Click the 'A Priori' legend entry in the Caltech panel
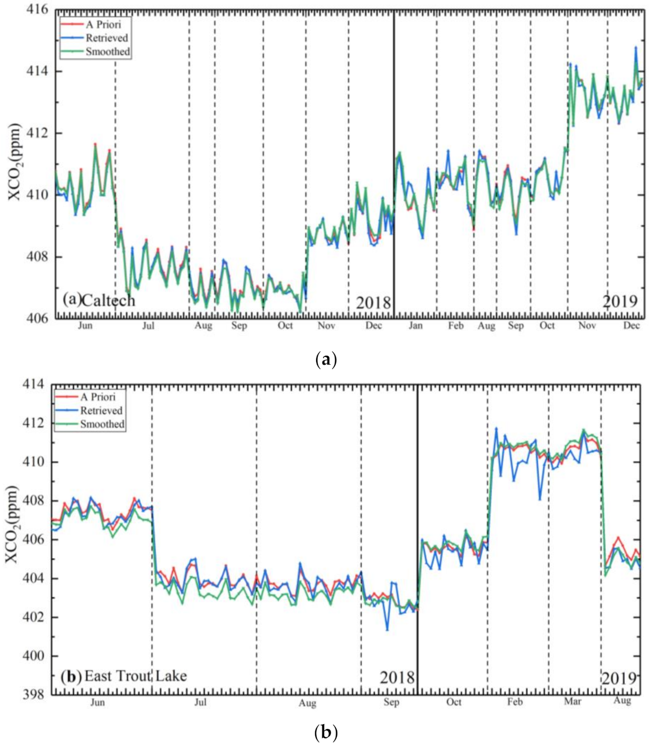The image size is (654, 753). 103,24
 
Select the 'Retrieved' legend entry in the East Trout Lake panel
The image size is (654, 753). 101,410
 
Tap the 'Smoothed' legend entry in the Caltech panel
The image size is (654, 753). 108,51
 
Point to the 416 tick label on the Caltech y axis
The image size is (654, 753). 38,10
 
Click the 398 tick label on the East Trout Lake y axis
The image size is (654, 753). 33,694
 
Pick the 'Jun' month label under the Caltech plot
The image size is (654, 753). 85,326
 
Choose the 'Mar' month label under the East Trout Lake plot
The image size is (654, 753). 573,701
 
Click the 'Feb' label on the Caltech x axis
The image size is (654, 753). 456,326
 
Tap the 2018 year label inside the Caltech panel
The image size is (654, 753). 373,302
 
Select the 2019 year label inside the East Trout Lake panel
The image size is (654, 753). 619,678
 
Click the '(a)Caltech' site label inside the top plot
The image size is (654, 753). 99,300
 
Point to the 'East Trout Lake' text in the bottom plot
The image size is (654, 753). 135,676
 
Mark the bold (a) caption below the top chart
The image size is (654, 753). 327,359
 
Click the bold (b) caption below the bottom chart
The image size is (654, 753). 327,732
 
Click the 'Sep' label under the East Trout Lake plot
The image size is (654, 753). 391,702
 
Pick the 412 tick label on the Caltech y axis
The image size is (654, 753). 38,133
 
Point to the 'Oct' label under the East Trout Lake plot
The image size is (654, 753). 454,702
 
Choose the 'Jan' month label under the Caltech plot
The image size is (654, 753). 415,326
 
